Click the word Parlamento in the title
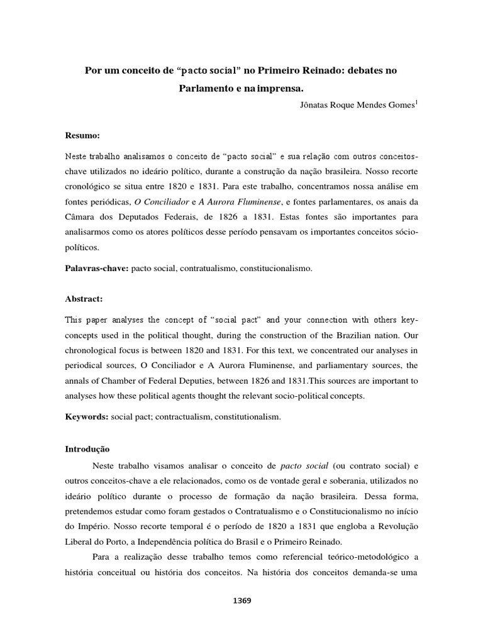pyautogui.click(x=201, y=89)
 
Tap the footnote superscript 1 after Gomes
pyautogui.click(x=416, y=103)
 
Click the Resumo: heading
pyautogui.click(x=83, y=135)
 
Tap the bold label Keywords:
pyautogui.click(x=87, y=416)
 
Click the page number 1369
pyautogui.click(x=241, y=601)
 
